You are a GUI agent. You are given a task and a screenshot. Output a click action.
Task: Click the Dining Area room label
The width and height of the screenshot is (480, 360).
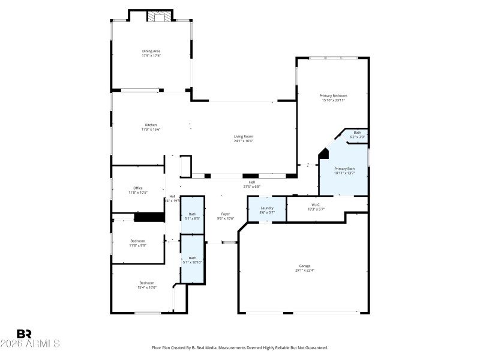click(x=151, y=52)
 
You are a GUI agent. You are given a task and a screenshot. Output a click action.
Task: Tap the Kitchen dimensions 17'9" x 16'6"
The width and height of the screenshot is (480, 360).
click(x=151, y=130)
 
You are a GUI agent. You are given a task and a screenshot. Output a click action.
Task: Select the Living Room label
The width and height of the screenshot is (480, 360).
click(x=243, y=136)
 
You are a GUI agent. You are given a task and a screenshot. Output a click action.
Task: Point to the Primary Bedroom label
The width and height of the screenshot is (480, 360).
click(x=333, y=96)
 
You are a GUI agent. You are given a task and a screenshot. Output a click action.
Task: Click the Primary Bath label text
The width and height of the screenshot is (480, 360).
click(x=344, y=169)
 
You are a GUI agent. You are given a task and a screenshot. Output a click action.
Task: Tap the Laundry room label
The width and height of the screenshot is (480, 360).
click(x=267, y=208)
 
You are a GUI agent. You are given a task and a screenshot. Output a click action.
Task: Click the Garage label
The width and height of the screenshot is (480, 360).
click(x=305, y=266)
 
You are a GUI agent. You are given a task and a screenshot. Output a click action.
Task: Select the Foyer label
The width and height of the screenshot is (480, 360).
click(x=226, y=214)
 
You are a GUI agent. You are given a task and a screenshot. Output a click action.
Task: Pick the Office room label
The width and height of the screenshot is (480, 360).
click(x=138, y=188)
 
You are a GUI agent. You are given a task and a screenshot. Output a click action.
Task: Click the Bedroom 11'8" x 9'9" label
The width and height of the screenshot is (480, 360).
click(x=138, y=241)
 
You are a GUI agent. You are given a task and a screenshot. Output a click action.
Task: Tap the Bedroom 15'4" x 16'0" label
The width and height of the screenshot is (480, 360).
click(x=147, y=283)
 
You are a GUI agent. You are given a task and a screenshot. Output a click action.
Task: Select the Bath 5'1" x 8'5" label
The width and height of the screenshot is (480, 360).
click(x=193, y=214)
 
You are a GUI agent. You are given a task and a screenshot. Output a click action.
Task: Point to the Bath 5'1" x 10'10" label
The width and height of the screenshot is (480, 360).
click(x=193, y=258)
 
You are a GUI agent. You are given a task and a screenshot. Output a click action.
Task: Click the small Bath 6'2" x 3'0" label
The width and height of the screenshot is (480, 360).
click(x=357, y=133)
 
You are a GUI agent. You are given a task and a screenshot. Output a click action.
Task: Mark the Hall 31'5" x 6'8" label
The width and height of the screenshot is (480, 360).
click(x=252, y=182)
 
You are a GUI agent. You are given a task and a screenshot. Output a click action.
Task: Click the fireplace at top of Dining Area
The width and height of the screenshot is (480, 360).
click(x=160, y=17)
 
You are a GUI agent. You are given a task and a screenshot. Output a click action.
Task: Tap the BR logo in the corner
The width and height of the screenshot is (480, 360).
click(x=25, y=334)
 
